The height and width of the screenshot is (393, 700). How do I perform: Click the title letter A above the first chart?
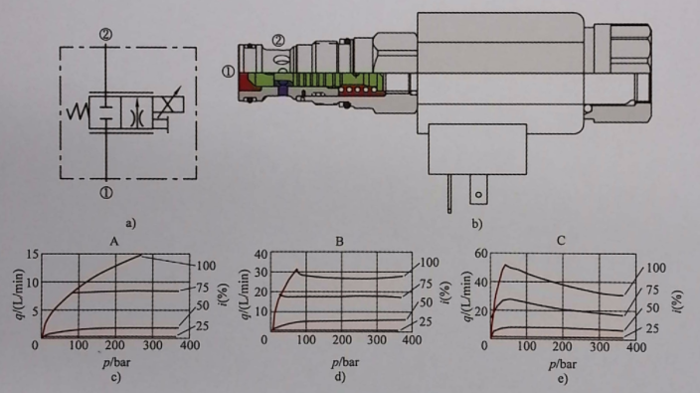[114, 242]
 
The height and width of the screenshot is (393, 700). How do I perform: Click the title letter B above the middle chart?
[340, 242]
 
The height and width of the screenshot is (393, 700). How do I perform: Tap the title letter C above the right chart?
[561, 241]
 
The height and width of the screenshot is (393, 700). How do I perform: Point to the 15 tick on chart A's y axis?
[33, 255]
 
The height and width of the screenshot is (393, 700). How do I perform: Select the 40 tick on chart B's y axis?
[261, 255]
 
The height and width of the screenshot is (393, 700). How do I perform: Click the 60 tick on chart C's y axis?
[481, 254]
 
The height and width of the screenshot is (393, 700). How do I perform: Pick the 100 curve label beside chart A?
[206, 267]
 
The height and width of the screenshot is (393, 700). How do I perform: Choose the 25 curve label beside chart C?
[652, 328]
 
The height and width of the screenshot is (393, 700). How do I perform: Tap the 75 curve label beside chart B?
[427, 284]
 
